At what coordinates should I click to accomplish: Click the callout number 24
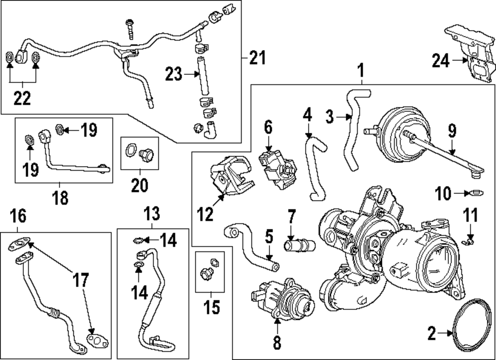click(x=440, y=61)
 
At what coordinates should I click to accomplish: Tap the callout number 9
click(x=452, y=131)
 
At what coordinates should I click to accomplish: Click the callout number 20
click(x=139, y=185)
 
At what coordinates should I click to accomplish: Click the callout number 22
click(x=22, y=98)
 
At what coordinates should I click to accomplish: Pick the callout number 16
click(x=18, y=216)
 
